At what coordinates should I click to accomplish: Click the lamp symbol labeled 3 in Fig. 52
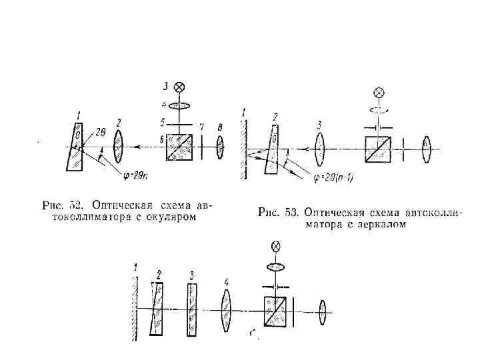click(179, 87)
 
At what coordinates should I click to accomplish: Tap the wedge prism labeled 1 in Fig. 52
click(75, 146)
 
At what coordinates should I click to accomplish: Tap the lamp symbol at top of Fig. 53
click(379, 93)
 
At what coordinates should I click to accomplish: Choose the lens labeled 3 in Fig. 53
click(320, 149)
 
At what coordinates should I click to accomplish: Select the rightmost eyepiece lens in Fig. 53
click(428, 149)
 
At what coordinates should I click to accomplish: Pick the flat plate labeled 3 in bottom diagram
click(193, 310)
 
